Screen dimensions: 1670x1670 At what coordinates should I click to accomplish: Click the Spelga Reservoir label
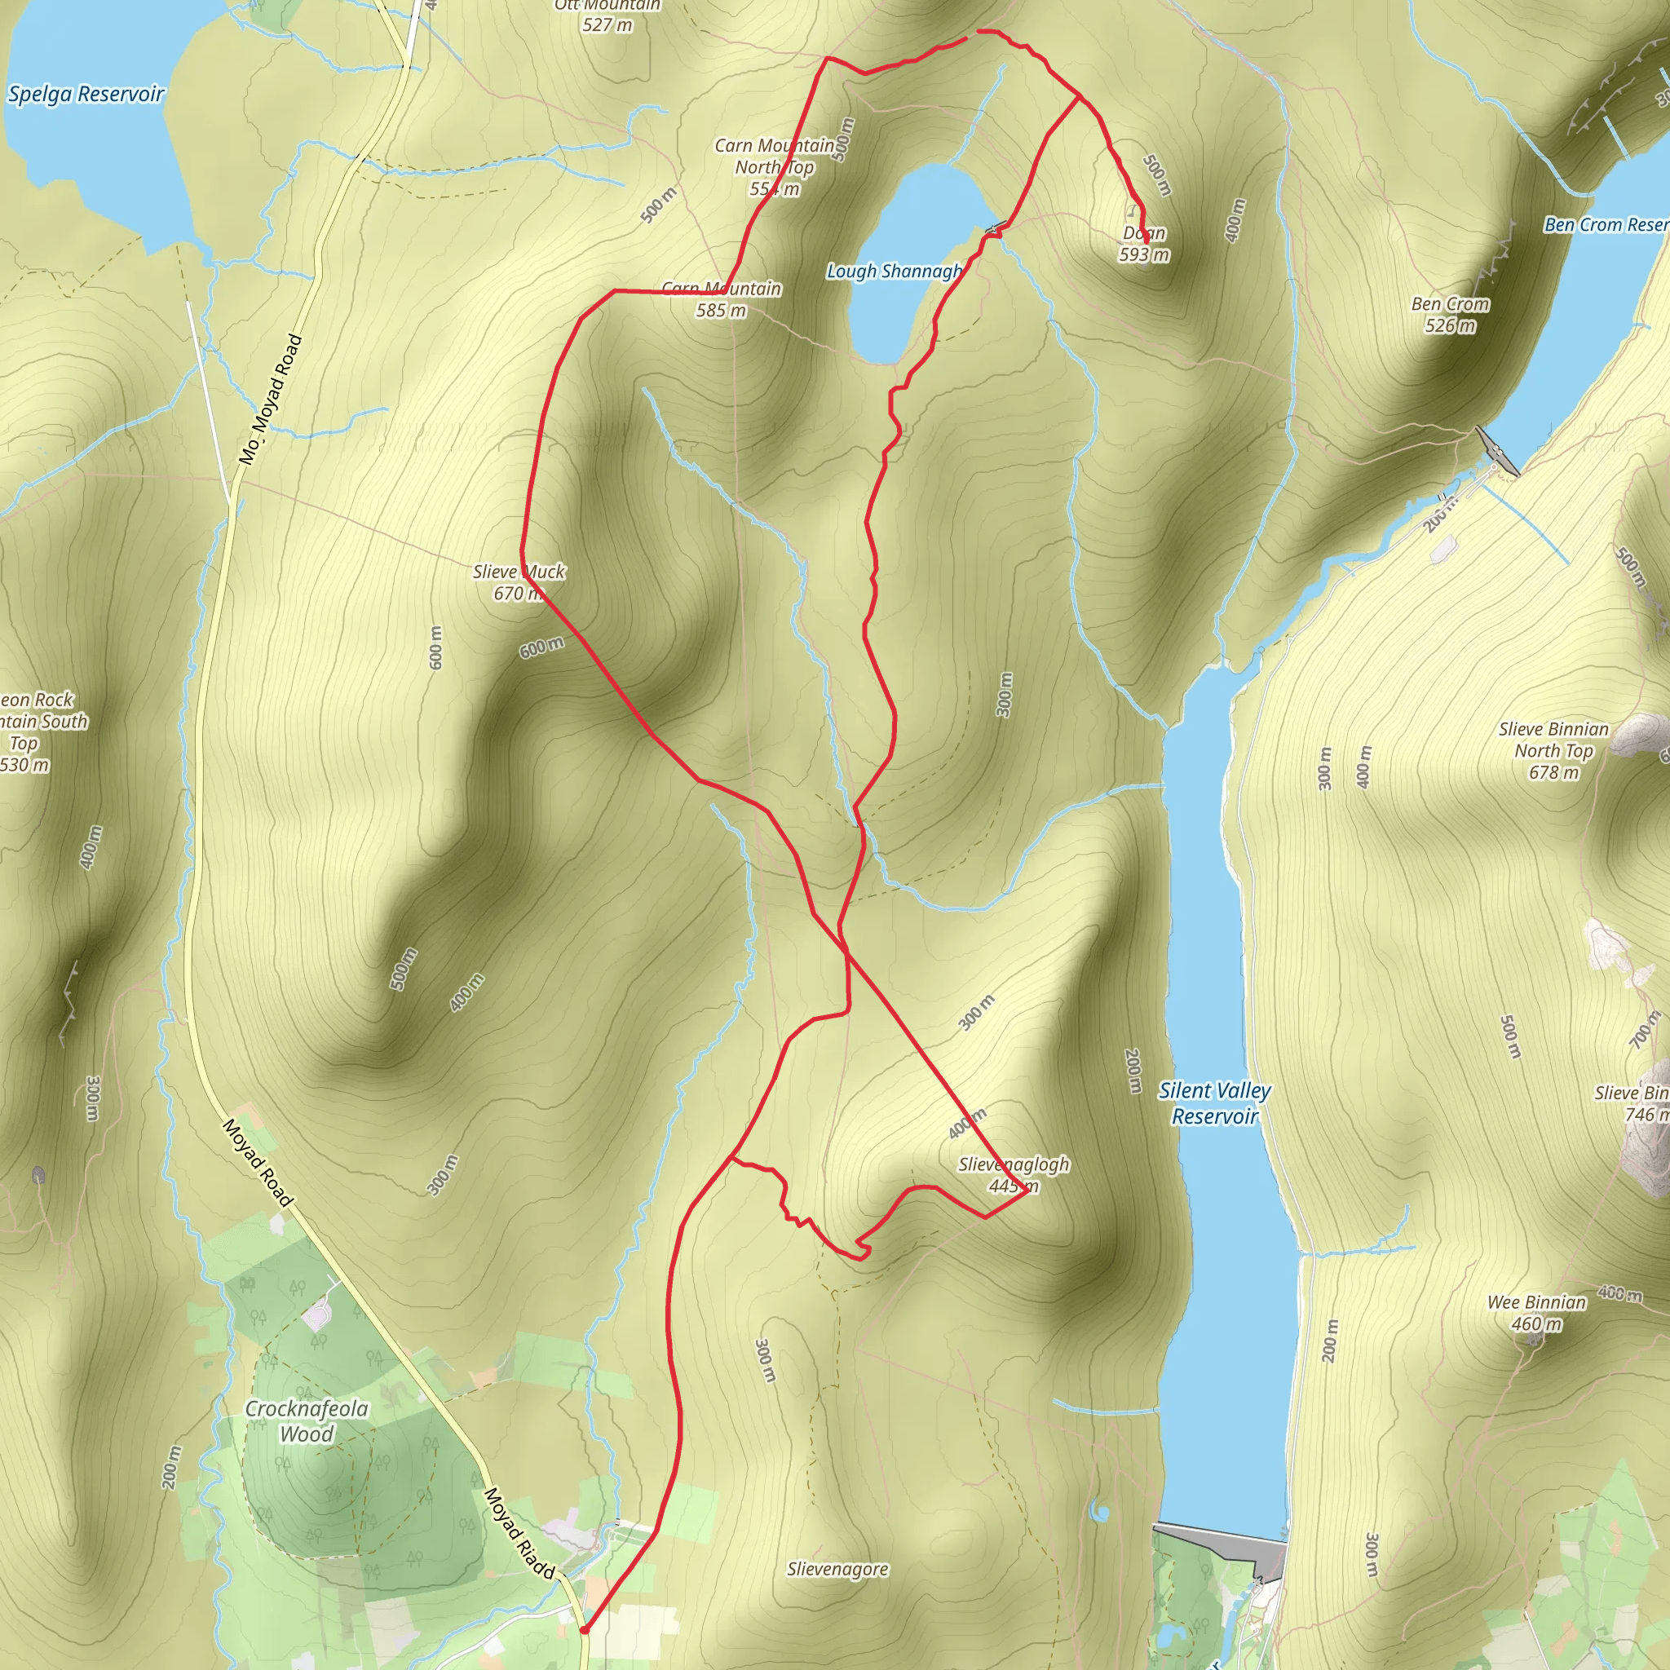(86, 95)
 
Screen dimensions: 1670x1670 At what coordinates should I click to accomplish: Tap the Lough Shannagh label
(894, 272)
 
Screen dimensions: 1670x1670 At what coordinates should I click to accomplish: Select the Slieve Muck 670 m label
(519, 582)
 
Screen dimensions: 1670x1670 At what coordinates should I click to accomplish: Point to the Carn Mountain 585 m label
(721, 299)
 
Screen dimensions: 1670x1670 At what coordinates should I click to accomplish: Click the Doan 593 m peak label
(1143, 244)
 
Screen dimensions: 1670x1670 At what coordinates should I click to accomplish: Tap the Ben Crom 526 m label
(1450, 315)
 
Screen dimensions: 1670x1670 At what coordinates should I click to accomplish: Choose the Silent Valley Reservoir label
(1213, 1104)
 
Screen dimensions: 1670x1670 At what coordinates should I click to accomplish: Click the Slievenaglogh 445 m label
(1013, 1175)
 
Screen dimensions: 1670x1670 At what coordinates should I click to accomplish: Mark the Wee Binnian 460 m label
(1536, 1313)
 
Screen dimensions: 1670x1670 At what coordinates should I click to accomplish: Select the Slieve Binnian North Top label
(1553, 750)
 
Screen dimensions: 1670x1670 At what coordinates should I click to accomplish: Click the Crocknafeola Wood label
(307, 1421)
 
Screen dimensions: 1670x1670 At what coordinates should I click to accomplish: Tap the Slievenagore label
(837, 1569)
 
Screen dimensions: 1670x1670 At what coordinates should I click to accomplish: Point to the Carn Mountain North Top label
(775, 167)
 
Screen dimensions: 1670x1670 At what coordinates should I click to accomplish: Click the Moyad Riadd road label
(519, 1532)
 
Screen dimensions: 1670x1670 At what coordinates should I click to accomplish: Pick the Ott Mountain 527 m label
(607, 15)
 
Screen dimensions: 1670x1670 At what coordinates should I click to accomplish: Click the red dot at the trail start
(585, 1630)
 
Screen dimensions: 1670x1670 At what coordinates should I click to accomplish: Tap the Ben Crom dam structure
(1496, 450)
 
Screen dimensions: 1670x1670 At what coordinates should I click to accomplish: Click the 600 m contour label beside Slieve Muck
(542, 647)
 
